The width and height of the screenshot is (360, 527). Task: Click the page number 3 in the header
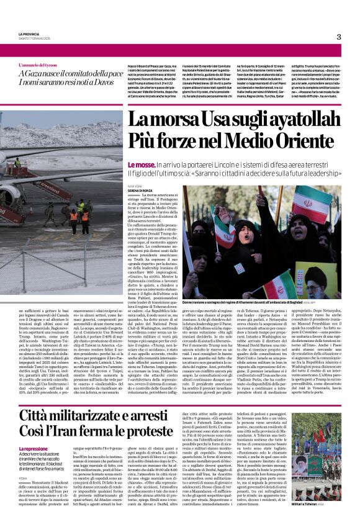click(339, 37)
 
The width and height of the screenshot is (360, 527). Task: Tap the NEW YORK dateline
click(135, 184)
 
